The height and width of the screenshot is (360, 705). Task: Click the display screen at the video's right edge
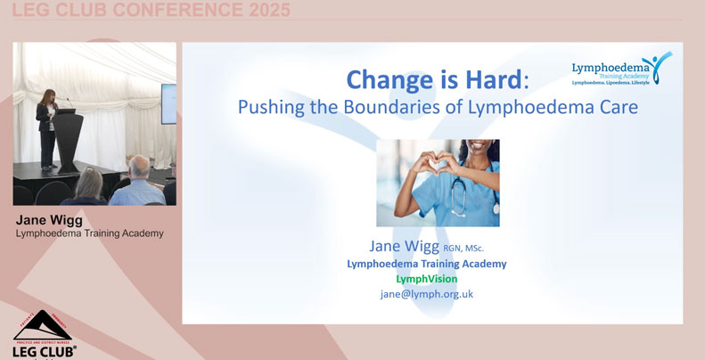168,103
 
